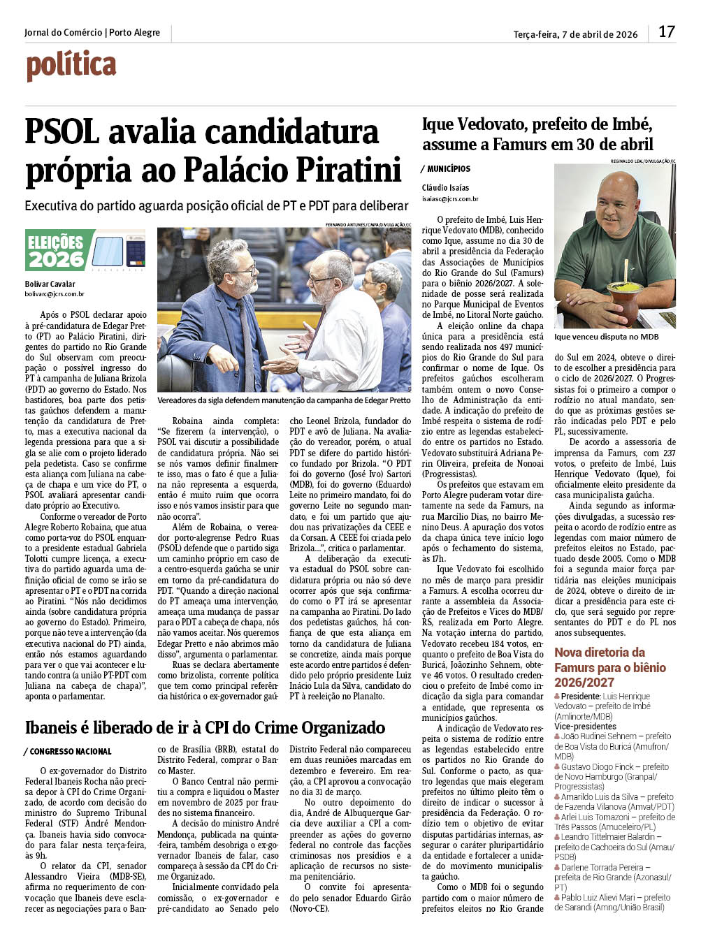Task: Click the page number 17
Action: coord(666,32)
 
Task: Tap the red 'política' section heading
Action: coord(71,66)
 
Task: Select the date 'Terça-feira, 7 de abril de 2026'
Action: coord(575,34)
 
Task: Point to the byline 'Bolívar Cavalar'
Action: coord(50,284)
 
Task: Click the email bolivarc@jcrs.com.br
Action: coord(55,295)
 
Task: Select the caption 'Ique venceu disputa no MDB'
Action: coord(606,337)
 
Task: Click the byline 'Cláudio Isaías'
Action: coord(445,188)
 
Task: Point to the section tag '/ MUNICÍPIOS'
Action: coord(446,169)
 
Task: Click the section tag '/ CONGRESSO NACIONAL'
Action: coord(68,752)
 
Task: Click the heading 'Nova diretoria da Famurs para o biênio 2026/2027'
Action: coord(609,667)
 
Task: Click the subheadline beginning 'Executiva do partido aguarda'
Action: coord(216,206)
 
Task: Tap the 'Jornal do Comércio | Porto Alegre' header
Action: coord(92,33)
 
